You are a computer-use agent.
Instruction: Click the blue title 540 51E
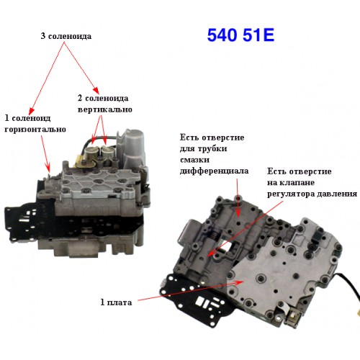(x=240, y=35)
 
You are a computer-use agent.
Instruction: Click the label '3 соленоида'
(x=66, y=36)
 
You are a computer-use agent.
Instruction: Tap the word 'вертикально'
(x=105, y=109)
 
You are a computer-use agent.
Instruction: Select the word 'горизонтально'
(x=35, y=130)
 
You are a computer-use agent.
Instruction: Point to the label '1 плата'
(x=116, y=302)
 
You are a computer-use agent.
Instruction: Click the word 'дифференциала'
(x=214, y=171)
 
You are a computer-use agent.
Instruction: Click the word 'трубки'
(x=212, y=148)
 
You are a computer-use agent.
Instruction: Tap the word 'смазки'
(x=194, y=160)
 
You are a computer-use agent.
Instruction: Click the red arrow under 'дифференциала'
(x=238, y=197)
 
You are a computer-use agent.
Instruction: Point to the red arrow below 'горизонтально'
(x=45, y=153)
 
